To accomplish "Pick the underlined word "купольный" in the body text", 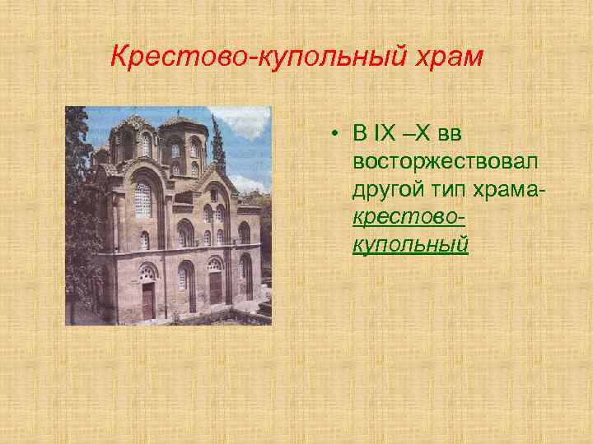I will point(410,244).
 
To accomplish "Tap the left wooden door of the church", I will point(147,300).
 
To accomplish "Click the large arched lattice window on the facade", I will point(142,200).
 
